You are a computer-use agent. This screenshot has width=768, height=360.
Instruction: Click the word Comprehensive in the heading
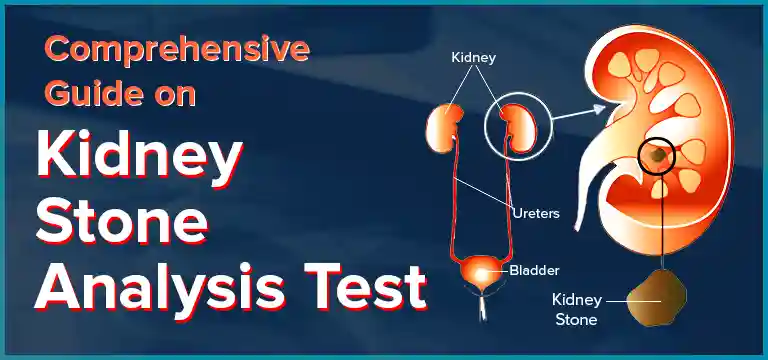point(171,49)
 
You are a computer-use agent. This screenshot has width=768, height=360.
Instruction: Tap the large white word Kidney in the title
point(139,161)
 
